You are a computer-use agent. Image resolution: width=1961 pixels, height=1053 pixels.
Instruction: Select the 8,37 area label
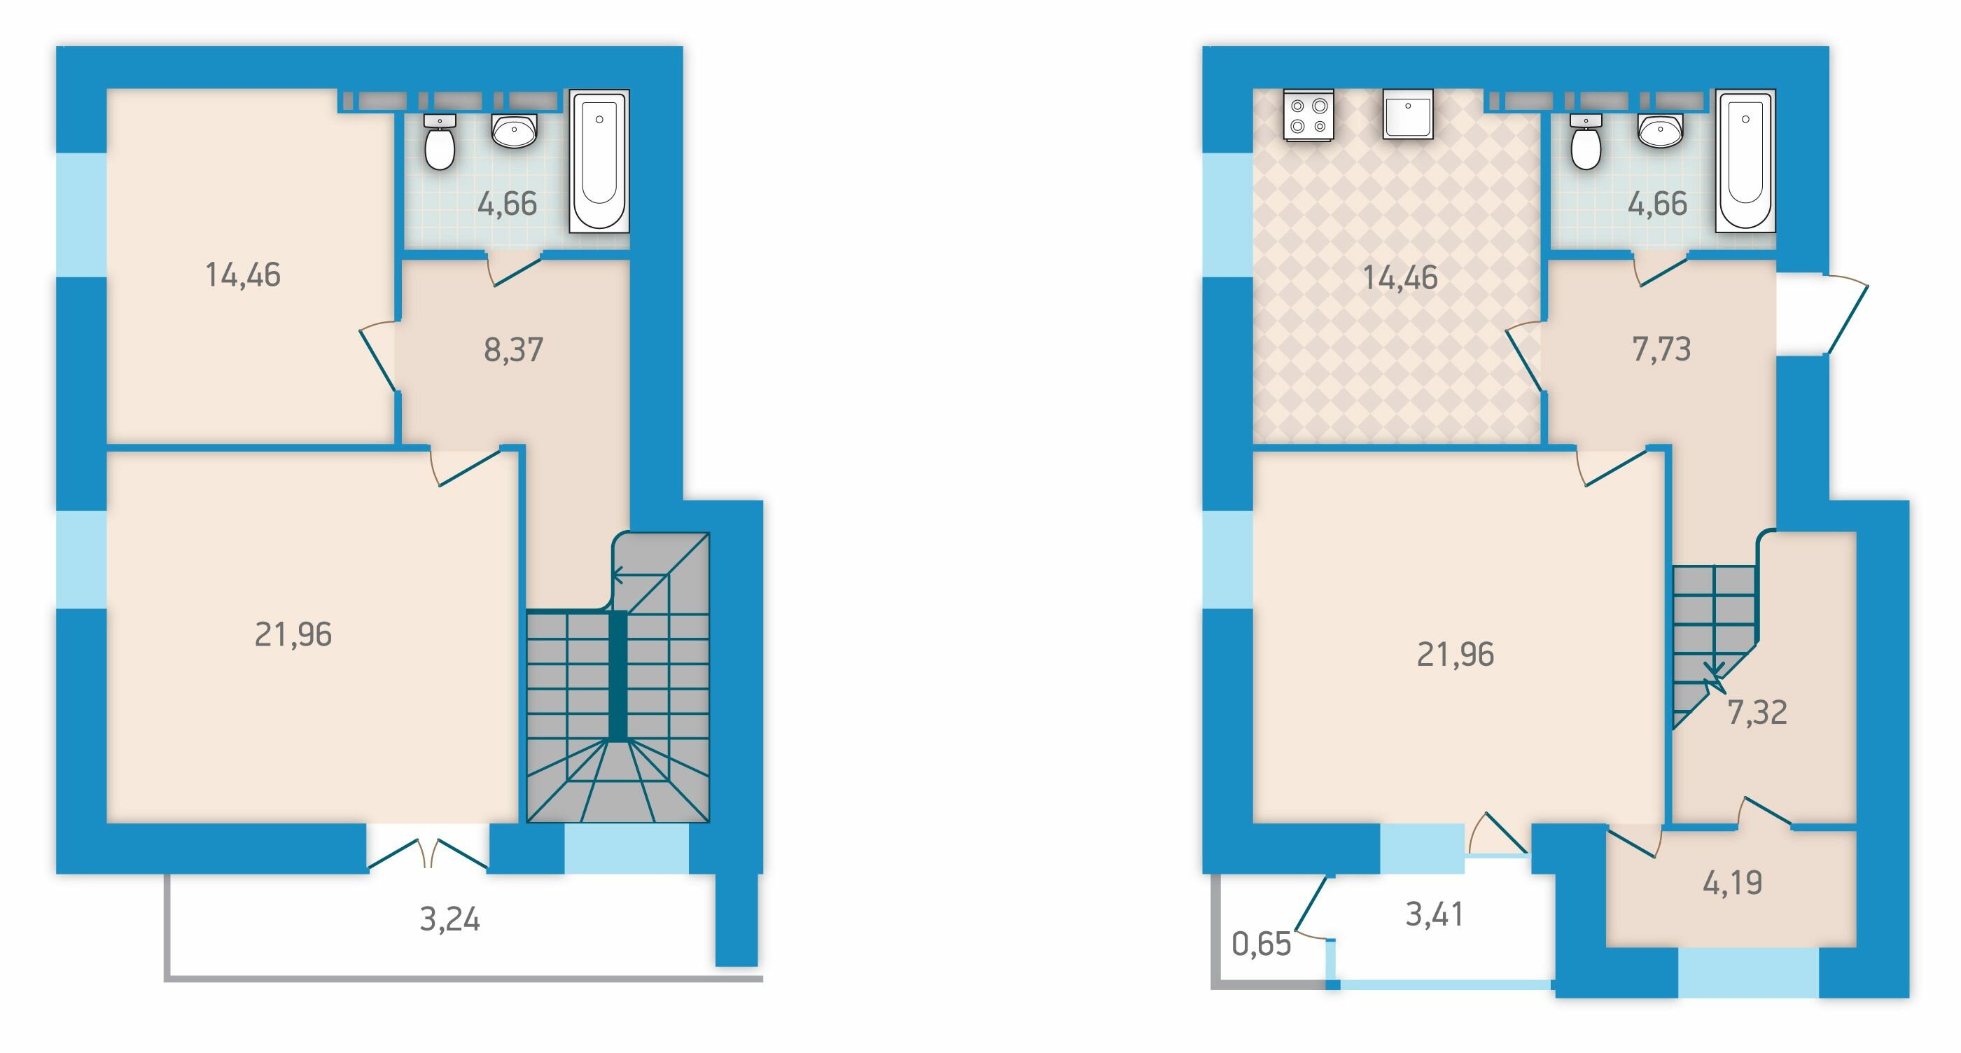pyautogui.click(x=514, y=350)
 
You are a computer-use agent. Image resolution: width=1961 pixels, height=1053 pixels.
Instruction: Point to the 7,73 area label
pyautogui.click(x=1662, y=349)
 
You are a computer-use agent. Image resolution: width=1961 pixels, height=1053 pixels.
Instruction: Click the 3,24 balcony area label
pyautogui.click(x=450, y=920)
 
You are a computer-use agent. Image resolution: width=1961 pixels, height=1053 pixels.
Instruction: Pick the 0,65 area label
pyautogui.click(x=1262, y=944)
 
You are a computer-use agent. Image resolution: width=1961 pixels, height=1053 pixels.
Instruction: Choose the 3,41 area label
pyautogui.click(x=1435, y=914)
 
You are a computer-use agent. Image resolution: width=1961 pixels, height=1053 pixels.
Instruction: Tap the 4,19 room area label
pyautogui.click(x=1733, y=883)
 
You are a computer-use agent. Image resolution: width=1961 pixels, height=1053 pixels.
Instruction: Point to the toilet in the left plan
pyautogui.click(x=439, y=142)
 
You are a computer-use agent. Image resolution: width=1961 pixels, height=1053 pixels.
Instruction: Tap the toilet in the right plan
pyautogui.click(x=1586, y=142)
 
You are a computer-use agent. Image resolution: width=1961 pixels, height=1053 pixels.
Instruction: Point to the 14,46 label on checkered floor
pyautogui.click(x=1400, y=279)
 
